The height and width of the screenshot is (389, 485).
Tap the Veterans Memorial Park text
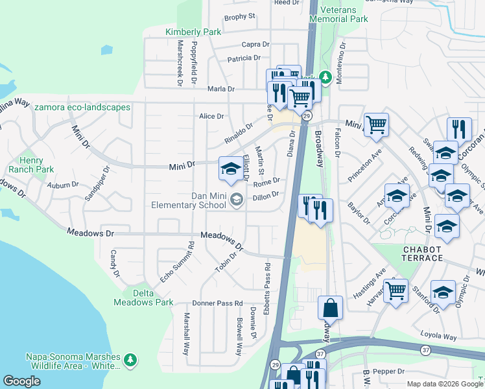[x=338, y=14]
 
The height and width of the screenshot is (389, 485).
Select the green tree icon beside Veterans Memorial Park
[x=325, y=77]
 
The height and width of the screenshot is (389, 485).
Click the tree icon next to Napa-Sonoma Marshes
[x=130, y=359]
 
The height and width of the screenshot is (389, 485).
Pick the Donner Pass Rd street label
[x=217, y=303]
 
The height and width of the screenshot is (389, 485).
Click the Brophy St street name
[x=240, y=16]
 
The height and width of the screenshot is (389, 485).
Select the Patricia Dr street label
[x=243, y=59]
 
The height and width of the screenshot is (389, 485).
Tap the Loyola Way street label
[x=441, y=337]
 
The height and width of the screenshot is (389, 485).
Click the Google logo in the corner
[x=21, y=381]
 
